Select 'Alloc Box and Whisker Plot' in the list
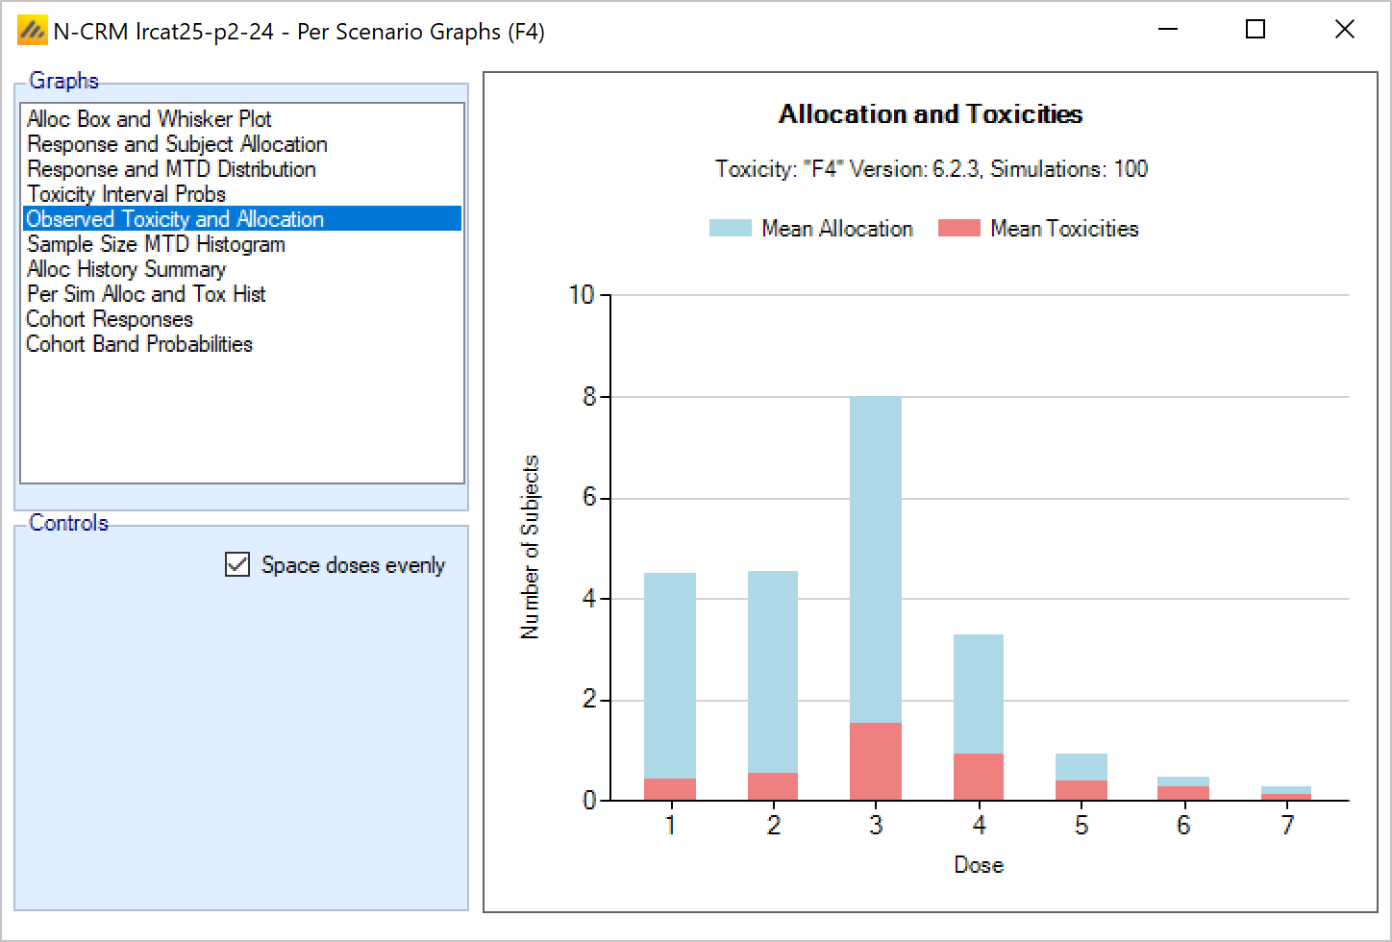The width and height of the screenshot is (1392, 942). click(x=149, y=119)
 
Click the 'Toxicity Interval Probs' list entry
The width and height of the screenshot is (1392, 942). click(x=126, y=194)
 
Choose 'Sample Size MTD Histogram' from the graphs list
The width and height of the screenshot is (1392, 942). click(x=156, y=244)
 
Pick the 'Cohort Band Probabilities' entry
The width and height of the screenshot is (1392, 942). click(x=139, y=344)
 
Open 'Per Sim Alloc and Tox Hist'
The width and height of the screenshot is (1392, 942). click(x=146, y=294)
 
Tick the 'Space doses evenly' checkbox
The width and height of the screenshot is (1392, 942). click(x=237, y=564)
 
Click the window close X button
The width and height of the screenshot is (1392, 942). click(x=1345, y=30)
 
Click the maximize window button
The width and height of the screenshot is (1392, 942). click(x=1255, y=30)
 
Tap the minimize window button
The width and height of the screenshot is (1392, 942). click(x=1168, y=30)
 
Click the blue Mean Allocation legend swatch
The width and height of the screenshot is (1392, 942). click(x=730, y=229)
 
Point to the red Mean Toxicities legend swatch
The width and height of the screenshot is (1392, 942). click(x=958, y=229)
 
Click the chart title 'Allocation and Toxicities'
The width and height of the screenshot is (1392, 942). click(x=930, y=114)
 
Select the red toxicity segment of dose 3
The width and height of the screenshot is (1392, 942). click(x=876, y=761)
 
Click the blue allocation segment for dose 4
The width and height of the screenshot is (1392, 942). click(x=979, y=694)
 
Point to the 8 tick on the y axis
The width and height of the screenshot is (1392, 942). click(x=589, y=397)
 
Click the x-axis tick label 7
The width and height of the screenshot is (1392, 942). click(x=1287, y=826)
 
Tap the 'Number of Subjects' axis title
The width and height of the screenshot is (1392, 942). click(x=530, y=547)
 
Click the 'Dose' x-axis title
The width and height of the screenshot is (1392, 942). click(x=979, y=865)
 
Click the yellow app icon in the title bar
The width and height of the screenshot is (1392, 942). click(x=32, y=31)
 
